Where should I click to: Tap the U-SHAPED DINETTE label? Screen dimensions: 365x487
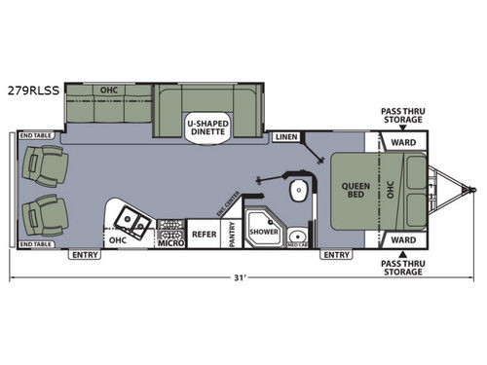coord(206,126)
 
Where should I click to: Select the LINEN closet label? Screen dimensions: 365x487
coord(286,137)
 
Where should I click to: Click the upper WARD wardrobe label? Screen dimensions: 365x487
coord(403,142)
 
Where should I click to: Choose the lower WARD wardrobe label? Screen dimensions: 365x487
coord(403,237)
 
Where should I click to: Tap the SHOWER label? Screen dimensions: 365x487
coord(262,232)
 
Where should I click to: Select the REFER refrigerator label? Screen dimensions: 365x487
coord(204,233)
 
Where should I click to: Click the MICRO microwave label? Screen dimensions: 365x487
coord(170,243)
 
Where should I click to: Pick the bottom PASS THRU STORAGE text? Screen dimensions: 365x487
coord(402,267)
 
